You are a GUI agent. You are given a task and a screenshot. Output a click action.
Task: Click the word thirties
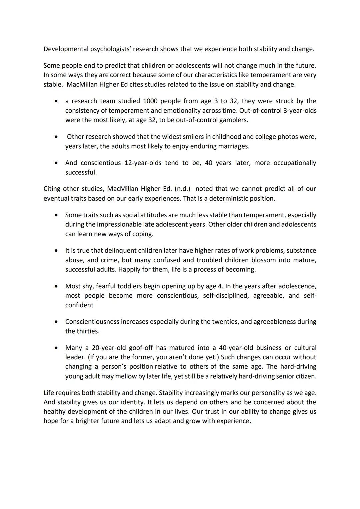[88, 331]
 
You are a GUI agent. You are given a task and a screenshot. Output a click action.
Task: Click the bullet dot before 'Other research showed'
[58, 137]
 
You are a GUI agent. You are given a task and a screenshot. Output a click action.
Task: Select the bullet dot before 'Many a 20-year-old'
[58, 348]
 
